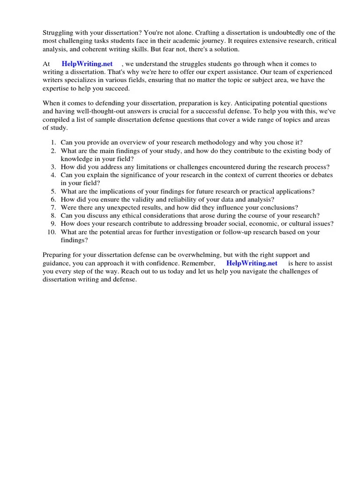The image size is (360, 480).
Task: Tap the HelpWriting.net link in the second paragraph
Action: pyautogui.click(x=87, y=64)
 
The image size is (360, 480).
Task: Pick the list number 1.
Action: pyautogui.click(x=53, y=142)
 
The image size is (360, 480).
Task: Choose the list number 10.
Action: pyautogui.click(x=52, y=232)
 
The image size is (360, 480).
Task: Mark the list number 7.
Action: pyautogui.click(x=53, y=207)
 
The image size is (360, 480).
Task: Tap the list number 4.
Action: pyautogui.click(x=53, y=175)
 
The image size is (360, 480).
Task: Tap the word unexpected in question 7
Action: pyautogui.click(x=124, y=207)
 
